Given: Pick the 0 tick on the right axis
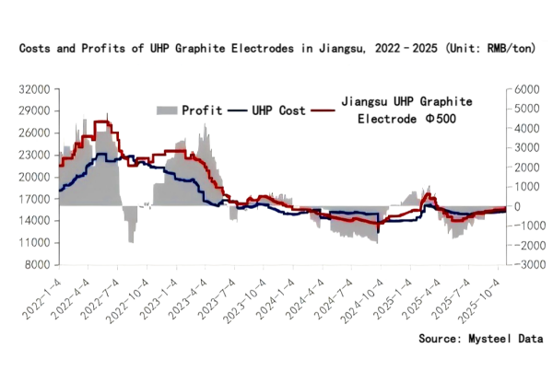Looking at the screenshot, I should click(x=514, y=206).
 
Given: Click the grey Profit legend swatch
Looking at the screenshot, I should click(x=166, y=110).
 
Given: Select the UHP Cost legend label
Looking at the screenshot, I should click(x=280, y=110).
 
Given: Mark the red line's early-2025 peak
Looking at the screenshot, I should click(x=427, y=195).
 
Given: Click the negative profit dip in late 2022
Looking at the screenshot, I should click(x=132, y=239).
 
